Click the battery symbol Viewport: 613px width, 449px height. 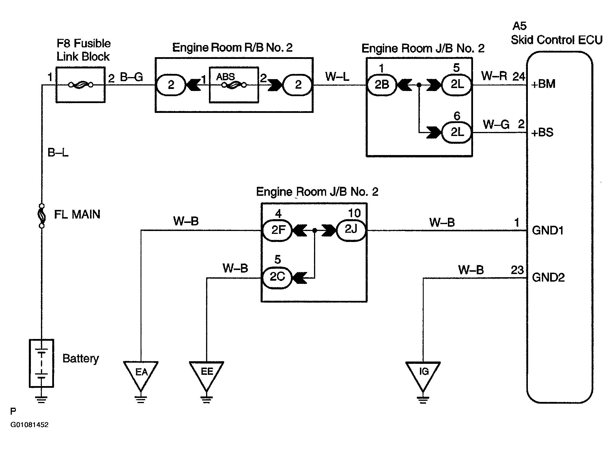[x=42, y=363]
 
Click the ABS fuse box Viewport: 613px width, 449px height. [x=234, y=85]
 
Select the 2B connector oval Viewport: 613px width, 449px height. [x=382, y=85]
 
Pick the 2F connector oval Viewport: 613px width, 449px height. [x=277, y=230]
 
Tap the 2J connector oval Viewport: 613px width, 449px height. [x=351, y=230]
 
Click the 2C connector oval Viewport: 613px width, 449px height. [x=277, y=277]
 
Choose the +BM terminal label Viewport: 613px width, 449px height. [x=543, y=84]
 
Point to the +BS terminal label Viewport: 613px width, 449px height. [x=542, y=133]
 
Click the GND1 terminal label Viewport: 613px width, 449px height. [x=548, y=230]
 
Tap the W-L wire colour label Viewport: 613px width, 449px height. [x=337, y=77]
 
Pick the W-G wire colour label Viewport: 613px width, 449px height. [x=496, y=124]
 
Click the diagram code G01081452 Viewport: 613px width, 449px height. [x=29, y=425]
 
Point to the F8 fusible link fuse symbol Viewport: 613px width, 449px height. [x=81, y=85]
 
